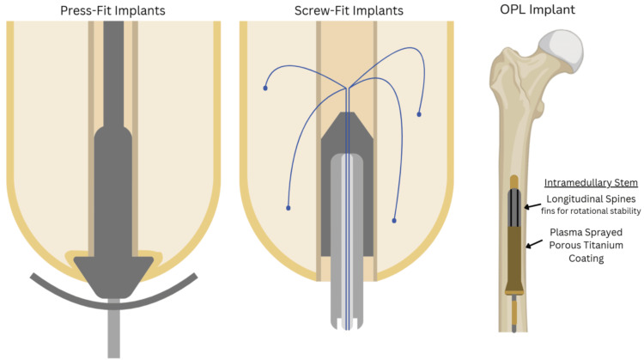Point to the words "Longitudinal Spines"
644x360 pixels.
(x=592, y=200)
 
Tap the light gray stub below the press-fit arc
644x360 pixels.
(x=113, y=335)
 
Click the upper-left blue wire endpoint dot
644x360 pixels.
(x=264, y=88)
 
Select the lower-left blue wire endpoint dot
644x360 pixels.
(x=288, y=208)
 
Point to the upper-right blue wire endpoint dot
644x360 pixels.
(x=418, y=114)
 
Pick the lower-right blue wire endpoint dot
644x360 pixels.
(x=394, y=221)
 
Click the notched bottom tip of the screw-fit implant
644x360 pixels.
(x=348, y=323)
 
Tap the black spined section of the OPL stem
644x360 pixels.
(x=514, y=207)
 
